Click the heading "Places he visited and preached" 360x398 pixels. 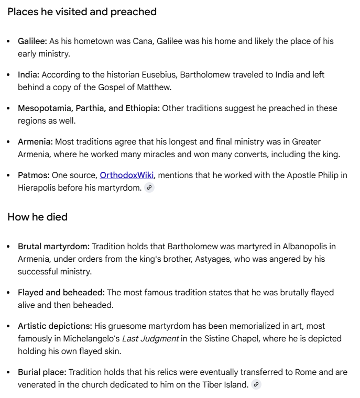point(82,12)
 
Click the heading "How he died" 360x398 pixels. point(37,217)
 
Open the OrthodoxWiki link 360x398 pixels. point(126,175)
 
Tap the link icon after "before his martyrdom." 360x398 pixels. point(149,188)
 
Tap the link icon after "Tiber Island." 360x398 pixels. point(256,385)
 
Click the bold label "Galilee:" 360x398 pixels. point(32,41)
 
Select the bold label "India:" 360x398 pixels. point(28,74)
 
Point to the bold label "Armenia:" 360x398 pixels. point(35,141)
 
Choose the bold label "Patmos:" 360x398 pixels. point(34,175)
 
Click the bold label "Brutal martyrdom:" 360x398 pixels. point(54,246)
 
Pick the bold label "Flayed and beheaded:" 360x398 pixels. point(61,292)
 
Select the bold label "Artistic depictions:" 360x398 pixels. point(55,326)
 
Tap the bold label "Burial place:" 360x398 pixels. point(42,372)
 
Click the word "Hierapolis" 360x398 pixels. point(38,187)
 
